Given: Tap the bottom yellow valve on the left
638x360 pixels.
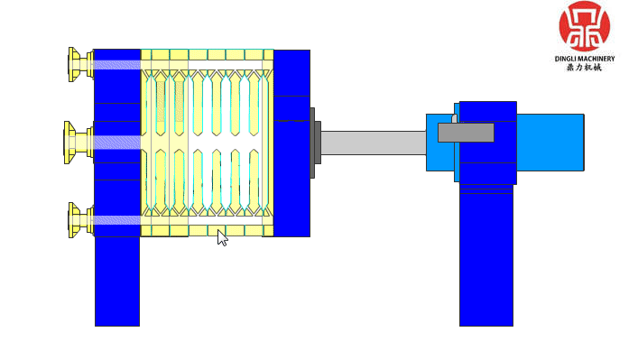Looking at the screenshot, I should (x=78, y=220).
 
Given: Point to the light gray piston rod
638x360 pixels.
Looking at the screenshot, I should (x=372, y=143).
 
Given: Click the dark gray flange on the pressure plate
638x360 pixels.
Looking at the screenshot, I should (x=313, y=143).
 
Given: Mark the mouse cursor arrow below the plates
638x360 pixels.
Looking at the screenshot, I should (x=222, y=237).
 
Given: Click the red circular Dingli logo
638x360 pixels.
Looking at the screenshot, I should (x=584, y=26).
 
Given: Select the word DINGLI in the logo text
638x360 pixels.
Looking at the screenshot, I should (x=569, y=59).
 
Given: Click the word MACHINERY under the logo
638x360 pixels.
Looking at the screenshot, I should (x=597, y=59).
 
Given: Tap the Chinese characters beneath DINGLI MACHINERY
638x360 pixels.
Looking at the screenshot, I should (x=584, y=68).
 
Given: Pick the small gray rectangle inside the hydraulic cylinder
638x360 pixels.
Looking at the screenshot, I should (x=466, y=133).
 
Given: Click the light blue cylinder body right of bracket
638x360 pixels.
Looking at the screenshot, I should (x=550, y=143).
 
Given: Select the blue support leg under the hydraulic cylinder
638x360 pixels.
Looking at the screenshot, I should (x=485, y=262).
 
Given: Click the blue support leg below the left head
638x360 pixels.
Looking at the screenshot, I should (x=117, y=280).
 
